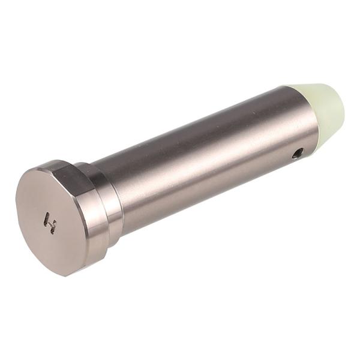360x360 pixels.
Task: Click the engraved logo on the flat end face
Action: (50, 223)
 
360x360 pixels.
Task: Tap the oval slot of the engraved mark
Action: (47, 217)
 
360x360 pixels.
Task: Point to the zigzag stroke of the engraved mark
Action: (52, 227)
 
